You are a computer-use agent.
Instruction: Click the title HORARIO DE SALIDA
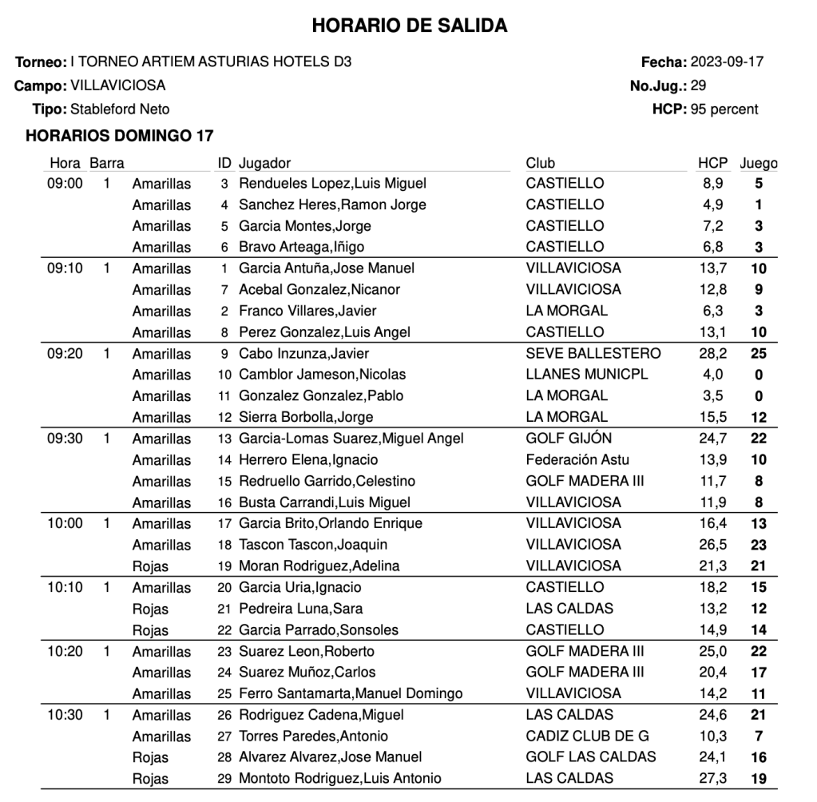pyautogui.click(x=409, y=26)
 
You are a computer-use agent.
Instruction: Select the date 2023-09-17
pyautogui.click(x=727, y=62)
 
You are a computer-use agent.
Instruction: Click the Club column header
pyautogui.click(x=541, y=164)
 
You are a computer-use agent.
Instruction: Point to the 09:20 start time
pyautogui.click(x=65, y=353)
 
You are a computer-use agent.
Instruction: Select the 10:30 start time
pyautogui.click(x=65, y=715)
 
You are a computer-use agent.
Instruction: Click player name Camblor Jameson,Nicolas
pyautogui.click(x=322, y=375)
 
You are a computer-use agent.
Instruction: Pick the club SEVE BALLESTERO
pyautogui.click(x=593, y=353)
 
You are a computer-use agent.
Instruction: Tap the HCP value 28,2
pyautogui.click(x=712, y=353)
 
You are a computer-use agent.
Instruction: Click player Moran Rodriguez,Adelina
pyautogui.click(x=319, y=566)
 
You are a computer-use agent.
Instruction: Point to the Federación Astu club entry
pyautogui.click(x=577, y=459)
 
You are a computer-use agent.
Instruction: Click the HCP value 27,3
pyautogui.click(x=712, y=778)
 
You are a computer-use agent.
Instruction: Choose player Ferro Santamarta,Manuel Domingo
pyautogui.click(x=351, y=693)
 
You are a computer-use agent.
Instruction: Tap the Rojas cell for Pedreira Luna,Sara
pyautogui.click(x=150, y=609)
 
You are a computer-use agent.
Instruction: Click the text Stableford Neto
pyautogui.click(x=120, y=109)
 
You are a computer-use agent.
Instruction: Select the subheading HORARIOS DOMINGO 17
pyautogui.click(x=119, y=137)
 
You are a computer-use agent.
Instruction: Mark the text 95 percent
pyautogui.click(x=724, y=109)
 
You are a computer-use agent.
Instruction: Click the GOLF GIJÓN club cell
pyautogui.click(x=569, y=438)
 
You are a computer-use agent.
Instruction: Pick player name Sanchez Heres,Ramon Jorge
pyautogui.click(x=332, y=204)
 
